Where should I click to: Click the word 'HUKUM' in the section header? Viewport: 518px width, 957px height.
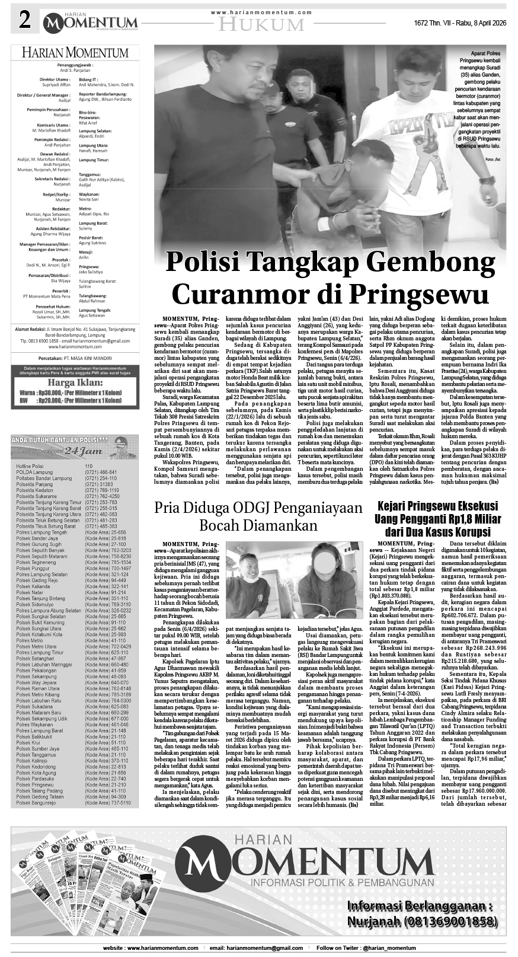click(x=260, y=24)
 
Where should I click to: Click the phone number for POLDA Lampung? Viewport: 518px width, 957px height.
click(x=101, y=472)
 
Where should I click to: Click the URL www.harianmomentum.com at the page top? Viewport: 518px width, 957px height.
click(x=261, y=12)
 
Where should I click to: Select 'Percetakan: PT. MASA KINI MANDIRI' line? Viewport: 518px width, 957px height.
click(x=75, y=359)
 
